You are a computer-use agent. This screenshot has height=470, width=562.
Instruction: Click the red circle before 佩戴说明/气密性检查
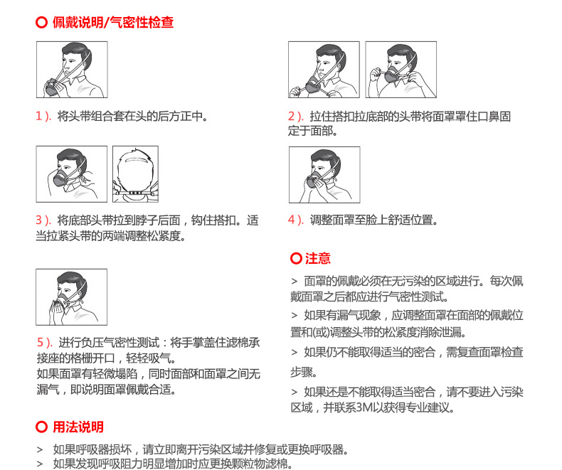[x=41, y=22]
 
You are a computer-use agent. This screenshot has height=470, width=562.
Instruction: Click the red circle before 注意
[x=296, y=258]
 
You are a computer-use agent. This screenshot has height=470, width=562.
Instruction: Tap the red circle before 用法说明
[x=41, y=427]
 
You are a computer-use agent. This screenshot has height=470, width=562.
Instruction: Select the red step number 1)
[x=43, y=116]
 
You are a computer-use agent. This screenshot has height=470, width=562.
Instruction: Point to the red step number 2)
[x=296, y=116]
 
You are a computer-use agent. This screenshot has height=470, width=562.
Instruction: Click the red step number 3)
[x=43, y=220]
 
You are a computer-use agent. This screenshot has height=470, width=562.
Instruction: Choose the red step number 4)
[x=296, y=220]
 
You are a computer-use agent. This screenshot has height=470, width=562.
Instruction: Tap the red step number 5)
[x=45, y=342]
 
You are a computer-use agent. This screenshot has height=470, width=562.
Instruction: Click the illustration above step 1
[x=72, y=70]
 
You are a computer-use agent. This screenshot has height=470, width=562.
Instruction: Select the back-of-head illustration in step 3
[x=135, y=174]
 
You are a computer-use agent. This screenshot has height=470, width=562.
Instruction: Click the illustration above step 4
[x=324, y=175]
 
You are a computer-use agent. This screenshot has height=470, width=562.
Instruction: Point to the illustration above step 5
[x=71, y=297]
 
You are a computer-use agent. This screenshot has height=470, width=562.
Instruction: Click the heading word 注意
[x=318, y=258]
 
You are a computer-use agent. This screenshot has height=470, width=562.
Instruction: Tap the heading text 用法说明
[x=78, y=427]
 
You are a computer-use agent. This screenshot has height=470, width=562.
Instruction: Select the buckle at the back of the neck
[x=136, y=193]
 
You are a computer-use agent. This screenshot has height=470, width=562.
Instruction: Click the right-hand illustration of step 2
[x=401, y=70]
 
